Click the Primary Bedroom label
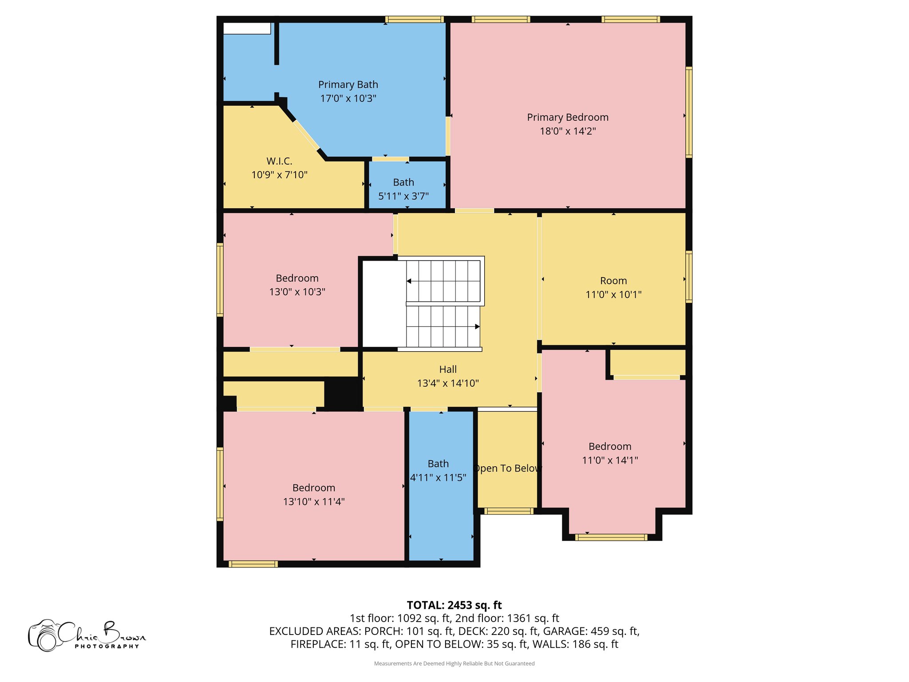[x=567, y=117]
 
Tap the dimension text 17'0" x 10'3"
[x=348, y=99]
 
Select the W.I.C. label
[x=279, y=161]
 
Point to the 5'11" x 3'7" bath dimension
[x=403, y=196]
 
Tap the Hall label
[x=447, y=369]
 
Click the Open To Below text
[x=507, y=468]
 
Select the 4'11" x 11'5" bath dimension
[x=438, y=478]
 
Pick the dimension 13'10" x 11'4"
[x=314, y=502]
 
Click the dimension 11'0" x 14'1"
[x=610, y=460]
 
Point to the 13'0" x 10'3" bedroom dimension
[x=297, y=292]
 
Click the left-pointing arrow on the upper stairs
[x=409, y=281]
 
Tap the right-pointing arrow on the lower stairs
[x=477, y=327]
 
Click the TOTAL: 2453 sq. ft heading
[x=454, y=605]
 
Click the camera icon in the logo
[x=44, y=636]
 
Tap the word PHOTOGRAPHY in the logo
[x=107, y=646]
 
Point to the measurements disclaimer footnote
[x=454, y=664]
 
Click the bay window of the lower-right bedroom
[x=611, y=537]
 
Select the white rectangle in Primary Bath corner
[x=247, y=28]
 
